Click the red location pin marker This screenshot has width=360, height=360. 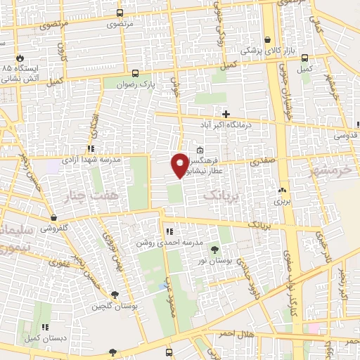tap(180, 165)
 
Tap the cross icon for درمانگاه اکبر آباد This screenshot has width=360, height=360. tap(226, 113)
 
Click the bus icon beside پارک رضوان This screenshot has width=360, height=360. tap(136, 72)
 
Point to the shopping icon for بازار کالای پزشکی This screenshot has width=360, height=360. tap(267, 40)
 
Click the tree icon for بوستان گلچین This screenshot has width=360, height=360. tap(115, 295)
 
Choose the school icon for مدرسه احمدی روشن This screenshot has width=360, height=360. tap(169, 231)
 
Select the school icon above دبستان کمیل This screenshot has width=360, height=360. tap(45, 327)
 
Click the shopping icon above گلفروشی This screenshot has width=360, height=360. tap(53, 217)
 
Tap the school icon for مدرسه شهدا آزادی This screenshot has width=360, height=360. tap(90, 148)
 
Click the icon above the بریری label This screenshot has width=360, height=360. tap(282, 190)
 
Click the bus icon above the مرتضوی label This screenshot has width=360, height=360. tap(120, 13)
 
